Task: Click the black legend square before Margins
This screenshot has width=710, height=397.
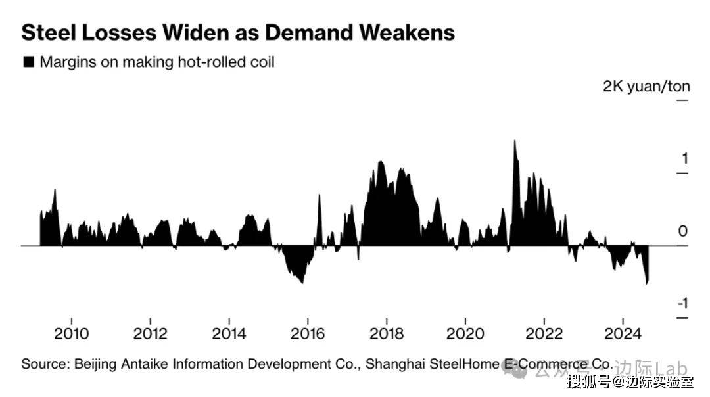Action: click(28, 62)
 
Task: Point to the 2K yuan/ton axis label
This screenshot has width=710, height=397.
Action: click(646, 86)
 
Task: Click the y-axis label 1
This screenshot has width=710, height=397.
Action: click(684, 158)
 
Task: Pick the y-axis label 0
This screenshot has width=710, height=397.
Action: click(683, 231)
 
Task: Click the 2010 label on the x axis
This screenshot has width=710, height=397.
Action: click(72, 333)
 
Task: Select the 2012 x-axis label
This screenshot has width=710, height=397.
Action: click(151, 333)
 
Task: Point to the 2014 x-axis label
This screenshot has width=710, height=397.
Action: click(229, 333)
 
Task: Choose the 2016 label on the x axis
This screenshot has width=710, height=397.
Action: click(308, 333)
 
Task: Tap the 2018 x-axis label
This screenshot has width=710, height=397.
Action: click(387, 333)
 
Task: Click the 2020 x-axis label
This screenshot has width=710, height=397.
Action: click(465, 333)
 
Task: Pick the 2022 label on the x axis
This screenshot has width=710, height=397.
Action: click(544, 333)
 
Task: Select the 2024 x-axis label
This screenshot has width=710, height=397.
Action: click(623, 333)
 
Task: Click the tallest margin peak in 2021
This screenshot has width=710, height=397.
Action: click(514, 141)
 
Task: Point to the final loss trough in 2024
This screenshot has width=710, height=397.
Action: click(648, 283)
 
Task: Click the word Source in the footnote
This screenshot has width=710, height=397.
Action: click(41, 363)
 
